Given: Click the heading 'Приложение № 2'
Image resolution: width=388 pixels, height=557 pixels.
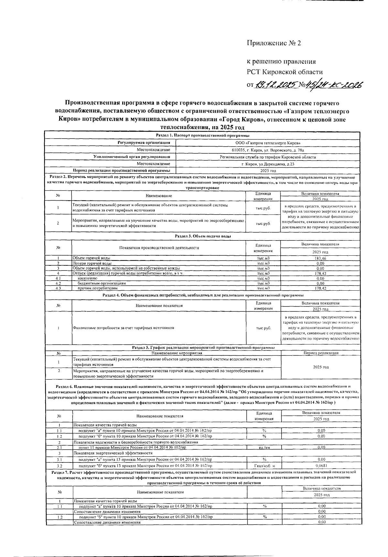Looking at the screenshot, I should point(274,43).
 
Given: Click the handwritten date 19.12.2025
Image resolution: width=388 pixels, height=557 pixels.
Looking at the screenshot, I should point(275,85).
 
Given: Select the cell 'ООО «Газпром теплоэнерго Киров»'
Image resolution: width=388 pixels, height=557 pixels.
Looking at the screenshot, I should point(268,143).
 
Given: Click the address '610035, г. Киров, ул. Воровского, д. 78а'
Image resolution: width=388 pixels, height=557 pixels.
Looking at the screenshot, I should point(268,150).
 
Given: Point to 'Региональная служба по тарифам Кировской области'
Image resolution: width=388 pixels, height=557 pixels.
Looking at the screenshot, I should point(268,157).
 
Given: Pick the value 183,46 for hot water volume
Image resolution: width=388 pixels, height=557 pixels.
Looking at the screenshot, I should point(320,258).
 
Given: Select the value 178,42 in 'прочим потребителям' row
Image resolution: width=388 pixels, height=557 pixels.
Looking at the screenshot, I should point(320,288).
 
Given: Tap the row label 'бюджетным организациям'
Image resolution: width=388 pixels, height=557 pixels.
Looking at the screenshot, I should point(102,283).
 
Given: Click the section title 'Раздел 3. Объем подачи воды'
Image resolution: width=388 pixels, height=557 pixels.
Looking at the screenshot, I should point(203,236).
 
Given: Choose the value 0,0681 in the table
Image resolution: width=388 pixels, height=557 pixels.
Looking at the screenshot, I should point(321,466).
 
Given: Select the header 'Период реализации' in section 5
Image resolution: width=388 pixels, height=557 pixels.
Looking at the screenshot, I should point(321,353).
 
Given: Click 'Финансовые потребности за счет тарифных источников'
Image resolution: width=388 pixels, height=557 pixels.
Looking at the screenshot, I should point(124,328).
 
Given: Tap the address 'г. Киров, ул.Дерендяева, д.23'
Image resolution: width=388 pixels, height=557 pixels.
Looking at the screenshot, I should point(268,164).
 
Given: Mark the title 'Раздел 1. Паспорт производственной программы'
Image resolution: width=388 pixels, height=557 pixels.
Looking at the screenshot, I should point(203,136).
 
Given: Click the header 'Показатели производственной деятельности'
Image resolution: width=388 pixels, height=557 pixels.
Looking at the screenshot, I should point(159,248).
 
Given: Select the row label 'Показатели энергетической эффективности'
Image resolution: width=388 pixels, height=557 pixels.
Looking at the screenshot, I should point(113,453).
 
